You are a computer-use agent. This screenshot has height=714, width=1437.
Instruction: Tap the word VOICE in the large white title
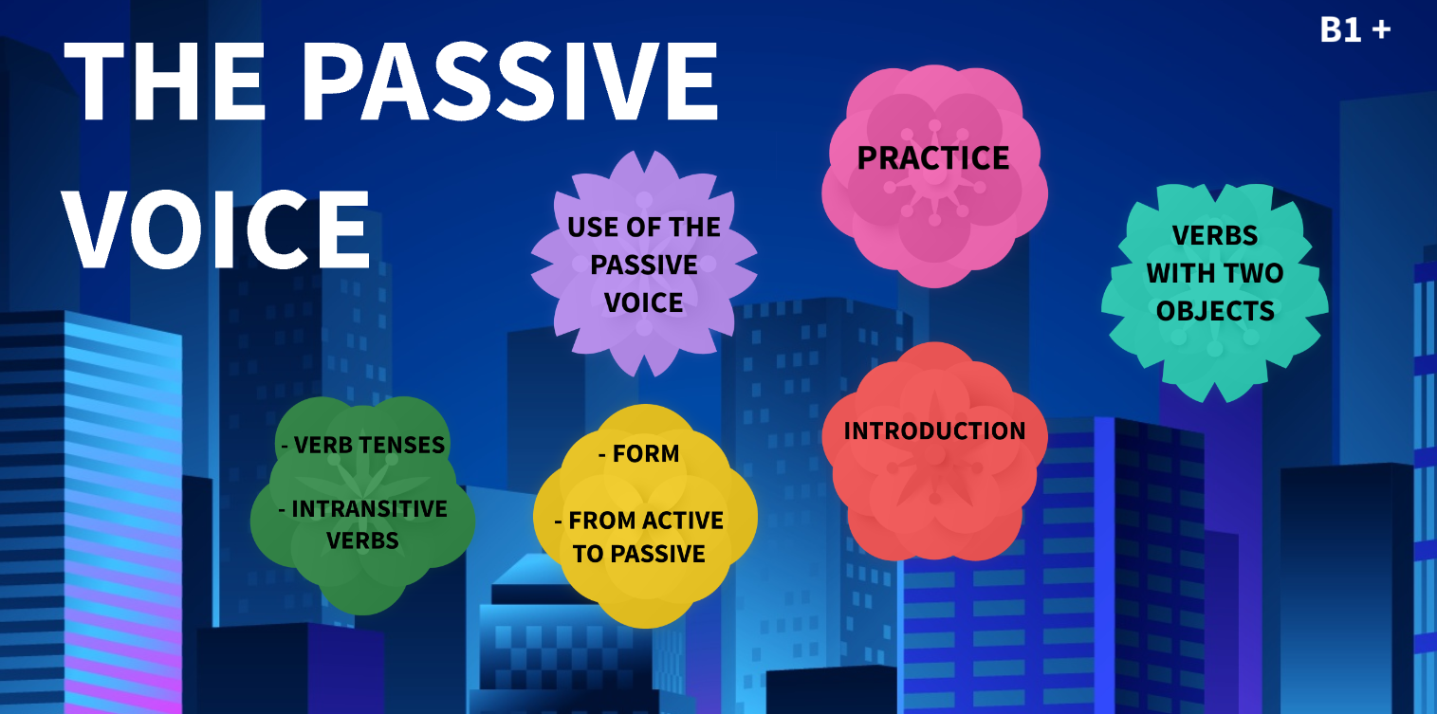click(218, 230)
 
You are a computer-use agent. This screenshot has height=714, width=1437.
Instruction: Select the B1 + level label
click(1354, 30)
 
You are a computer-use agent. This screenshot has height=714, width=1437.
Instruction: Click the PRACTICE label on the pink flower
click(933, 157)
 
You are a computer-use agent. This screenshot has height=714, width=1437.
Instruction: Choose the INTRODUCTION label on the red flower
click(934, 431)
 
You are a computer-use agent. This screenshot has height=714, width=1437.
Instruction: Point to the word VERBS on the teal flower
click(1214, 235)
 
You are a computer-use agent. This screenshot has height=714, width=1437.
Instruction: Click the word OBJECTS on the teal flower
click(1214, 311)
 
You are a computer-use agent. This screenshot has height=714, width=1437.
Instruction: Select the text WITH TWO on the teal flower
click(1214, 273)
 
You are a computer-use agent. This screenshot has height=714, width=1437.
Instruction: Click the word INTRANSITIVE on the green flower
click(369, 509)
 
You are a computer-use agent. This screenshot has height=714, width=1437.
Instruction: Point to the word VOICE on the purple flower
click(643, 303)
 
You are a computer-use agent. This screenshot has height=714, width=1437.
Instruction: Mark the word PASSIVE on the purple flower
click(643, 265)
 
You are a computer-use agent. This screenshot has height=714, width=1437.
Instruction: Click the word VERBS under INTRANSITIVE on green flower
click(362, 541)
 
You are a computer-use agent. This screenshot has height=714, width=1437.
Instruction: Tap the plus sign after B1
click(1381, 30)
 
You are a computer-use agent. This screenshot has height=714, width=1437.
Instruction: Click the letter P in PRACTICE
click(866, 158)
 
